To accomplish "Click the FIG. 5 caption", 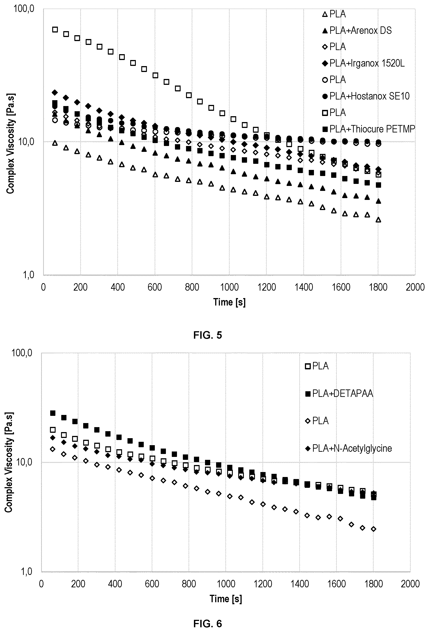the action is click(x=207, y=335).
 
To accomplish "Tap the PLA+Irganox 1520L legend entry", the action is click(x=363, y=63).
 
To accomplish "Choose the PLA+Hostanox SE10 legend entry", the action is click(x=365, y=96).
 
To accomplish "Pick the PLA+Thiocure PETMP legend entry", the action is click(x=368, y=129).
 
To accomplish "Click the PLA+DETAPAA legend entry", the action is click(x=339, y=394).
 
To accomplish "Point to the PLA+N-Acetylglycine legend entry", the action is click(x=348, y=448).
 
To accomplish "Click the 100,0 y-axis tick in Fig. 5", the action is click(x=24, y=9).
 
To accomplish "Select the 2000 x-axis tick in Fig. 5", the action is click(x=415, y=287).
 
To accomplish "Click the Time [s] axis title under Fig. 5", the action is click(x=229, y=302).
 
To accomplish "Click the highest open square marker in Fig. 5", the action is click(x=55, y=29).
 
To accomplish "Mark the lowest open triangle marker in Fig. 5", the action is click(x=378, y=220).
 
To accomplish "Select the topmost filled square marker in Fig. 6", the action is click(x=53, y=413).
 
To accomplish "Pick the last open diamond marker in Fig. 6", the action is click(x=374, y=529).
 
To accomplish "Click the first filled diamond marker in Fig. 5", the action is click(x=55, y=93).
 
